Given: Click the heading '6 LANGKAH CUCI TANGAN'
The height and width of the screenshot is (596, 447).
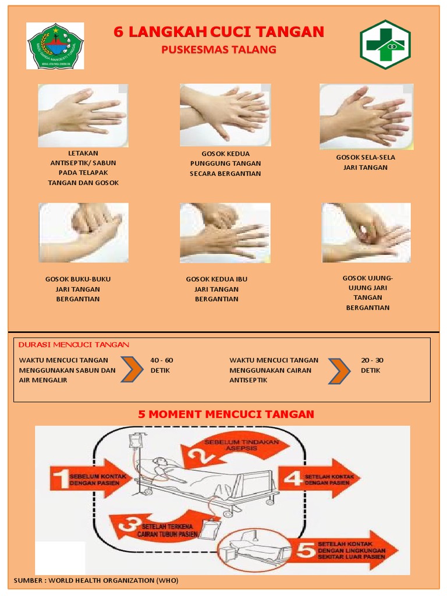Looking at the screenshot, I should [218, 32].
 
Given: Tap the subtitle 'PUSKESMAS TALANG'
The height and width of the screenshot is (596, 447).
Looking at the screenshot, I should [218, 50].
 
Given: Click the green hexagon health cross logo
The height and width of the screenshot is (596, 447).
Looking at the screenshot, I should [385, 45].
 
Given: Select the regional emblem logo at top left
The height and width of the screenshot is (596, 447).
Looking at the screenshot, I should [56, 46].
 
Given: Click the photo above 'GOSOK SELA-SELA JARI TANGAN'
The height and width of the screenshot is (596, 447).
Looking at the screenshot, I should [366, 116].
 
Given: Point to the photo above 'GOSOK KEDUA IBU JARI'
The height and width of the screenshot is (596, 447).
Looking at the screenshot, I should [225, 232].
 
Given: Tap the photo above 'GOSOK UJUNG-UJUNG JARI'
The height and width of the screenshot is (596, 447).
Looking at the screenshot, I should [366, 232].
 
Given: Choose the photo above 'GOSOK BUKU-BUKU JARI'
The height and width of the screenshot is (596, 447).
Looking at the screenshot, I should [83, 232].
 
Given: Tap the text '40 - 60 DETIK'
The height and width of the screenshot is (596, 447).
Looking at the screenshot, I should [161, 365].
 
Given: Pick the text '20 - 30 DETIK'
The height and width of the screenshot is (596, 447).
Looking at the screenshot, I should [372, 365].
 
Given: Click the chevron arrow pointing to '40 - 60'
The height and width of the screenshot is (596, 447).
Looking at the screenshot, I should [132, 370].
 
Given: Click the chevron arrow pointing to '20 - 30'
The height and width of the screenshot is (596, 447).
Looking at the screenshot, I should [339, 371].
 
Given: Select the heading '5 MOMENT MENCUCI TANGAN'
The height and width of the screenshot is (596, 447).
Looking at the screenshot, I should [226, 414].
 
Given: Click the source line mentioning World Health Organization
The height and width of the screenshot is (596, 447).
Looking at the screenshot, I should [96, 580].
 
